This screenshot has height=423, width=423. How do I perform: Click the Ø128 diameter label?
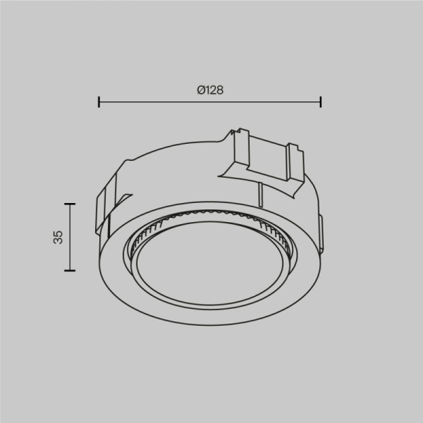click(210, 90)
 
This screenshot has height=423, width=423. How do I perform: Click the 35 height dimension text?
click(59, 237)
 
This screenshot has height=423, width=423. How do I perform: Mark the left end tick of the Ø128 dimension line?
click(99, 102)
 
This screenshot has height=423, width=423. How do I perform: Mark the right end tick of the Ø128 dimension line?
click(321, 102)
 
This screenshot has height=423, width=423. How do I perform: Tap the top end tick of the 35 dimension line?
click(69, 203)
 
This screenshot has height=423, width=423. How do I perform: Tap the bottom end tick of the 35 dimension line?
click(69, 270)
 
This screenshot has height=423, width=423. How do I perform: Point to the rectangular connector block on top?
click(264, 159)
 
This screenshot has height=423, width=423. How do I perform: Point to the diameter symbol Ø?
click(201, 90)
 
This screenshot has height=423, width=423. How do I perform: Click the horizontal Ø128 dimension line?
click(155, 102)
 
